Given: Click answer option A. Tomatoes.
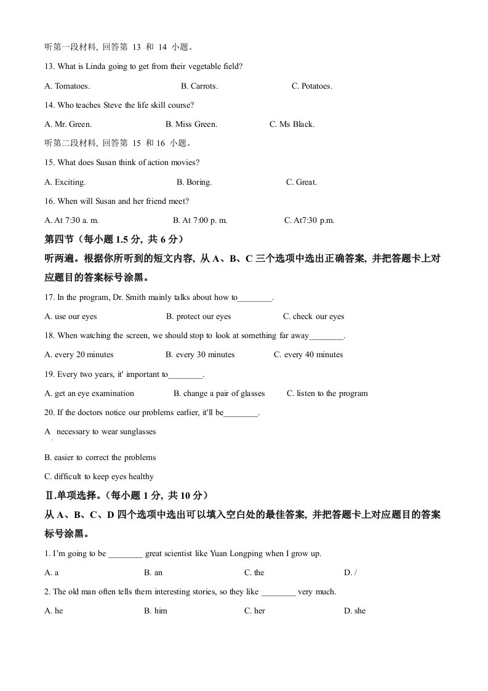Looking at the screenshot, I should tap(67, 86).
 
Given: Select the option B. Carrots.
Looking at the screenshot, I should tap(199, 86).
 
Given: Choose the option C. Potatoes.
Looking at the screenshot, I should tap(312, 86).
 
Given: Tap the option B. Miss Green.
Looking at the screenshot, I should tap(191, 124).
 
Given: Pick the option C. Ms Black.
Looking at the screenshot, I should tap(292, 124).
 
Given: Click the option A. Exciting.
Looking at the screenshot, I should tap(65, 182).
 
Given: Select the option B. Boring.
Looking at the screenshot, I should tap(194, 182).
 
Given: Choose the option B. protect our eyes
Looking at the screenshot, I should tap(198, 317).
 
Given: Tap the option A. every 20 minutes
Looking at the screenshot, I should tap(79, 355).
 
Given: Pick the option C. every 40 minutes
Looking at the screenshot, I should tap(308, 355).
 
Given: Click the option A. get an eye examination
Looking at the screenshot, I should tap(89, 394).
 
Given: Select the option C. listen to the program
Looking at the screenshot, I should tap(327, 394).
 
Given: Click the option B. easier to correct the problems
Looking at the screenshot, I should tap(100, 458).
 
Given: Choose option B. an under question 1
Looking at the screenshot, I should tap(153, 573).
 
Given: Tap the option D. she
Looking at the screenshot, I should tap(354, 611).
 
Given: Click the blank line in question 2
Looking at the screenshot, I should tap(279, 592).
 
